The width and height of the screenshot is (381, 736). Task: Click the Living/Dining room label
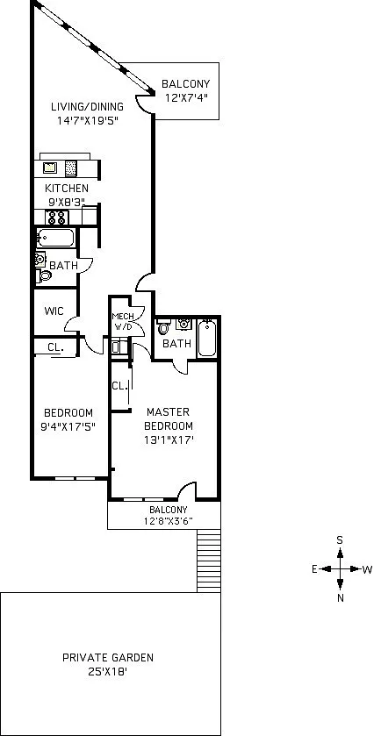click(88, 106)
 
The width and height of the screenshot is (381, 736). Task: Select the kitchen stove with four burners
click(57, 218)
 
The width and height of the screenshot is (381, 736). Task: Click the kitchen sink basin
click(50, 168)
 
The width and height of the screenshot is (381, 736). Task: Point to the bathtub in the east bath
click(55, 238)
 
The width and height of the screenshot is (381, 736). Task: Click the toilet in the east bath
click(43, 275)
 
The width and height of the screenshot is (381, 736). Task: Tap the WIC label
click(54, 311)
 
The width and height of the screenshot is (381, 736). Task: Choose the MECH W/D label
click(123, 321)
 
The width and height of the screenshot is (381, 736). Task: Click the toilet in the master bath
click(163, 327)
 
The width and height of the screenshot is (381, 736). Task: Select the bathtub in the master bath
click(206, 338)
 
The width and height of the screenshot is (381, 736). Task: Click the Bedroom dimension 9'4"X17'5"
click(68, 427)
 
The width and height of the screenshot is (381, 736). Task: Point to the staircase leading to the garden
click(209, 561)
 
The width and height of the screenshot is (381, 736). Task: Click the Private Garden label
click(108, 658)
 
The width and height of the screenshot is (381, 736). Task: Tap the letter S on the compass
click(340, 539)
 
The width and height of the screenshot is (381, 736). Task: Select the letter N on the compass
click(341, 598)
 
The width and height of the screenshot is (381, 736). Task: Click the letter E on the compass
click(314, 569)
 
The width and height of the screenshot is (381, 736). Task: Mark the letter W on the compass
click(367, 570)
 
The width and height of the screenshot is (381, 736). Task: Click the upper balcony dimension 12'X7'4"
click(186, 97)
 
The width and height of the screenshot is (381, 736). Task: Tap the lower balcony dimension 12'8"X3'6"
click(169, 520)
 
